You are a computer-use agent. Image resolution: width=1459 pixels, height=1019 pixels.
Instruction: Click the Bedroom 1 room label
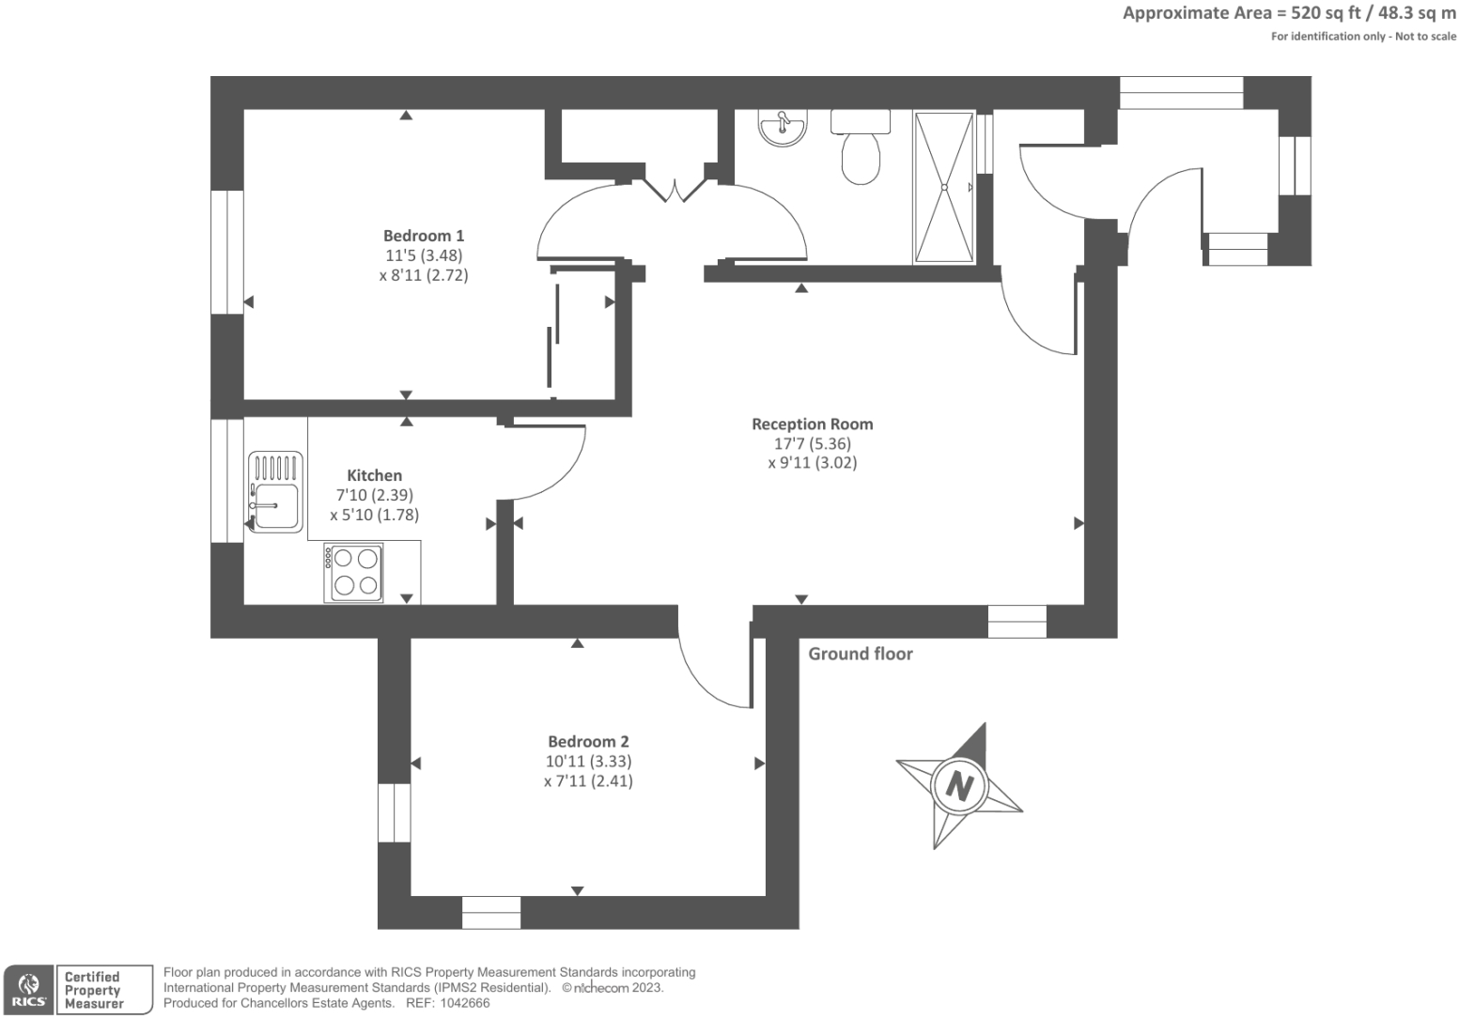click(x=423, y=236)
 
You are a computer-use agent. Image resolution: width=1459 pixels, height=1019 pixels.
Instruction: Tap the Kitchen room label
click(x=374, y=475)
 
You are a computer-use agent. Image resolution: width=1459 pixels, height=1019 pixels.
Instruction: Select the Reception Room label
click(x=812, y=424)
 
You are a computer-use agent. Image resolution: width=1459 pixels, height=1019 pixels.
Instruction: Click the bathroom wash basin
click(x=783, y=129)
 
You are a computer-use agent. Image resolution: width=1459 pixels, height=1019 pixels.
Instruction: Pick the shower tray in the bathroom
click(x=943, y=187)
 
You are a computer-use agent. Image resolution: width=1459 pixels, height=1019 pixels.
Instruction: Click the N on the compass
click(x=958, y=784)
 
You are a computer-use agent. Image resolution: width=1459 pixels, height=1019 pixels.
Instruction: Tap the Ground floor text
click(x=860, y=654)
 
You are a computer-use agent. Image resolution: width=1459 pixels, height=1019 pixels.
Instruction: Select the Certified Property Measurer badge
click(x=103, y=990)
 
